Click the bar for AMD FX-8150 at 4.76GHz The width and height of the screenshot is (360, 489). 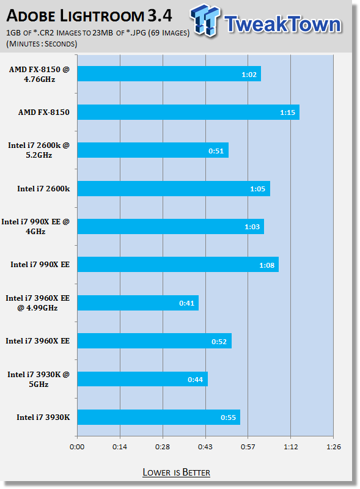pos(169,73)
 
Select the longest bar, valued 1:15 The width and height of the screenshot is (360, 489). pos(188,112)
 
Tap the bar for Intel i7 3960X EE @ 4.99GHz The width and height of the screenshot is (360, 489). pos(138,303)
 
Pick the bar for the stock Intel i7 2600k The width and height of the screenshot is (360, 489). pos(174,189)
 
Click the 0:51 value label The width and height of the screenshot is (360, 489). pos(216,151)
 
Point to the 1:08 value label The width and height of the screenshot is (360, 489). pos(267,265)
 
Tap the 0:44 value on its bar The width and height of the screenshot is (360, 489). pos(196,380)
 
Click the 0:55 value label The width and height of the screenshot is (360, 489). pos(229,417)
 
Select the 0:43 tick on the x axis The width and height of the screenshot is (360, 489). pos(205,447)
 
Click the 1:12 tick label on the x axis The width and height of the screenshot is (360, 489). pos(291,447)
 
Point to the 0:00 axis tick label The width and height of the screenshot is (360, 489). pos(77,447)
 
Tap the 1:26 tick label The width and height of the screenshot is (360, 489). pos(334,447)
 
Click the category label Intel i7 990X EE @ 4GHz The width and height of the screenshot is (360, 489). pos(35,226)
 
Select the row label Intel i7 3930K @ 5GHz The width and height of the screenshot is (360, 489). pos(39,379)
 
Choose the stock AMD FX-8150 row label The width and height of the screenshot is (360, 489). pos(43,112)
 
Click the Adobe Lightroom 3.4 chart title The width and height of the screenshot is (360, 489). pos(89,16)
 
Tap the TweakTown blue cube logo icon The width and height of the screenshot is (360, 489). pos(205,20)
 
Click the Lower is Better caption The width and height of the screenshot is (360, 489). pos(176,472)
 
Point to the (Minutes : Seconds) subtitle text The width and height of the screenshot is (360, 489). pos(42,43)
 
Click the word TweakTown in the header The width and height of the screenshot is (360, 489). pos(282,24)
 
